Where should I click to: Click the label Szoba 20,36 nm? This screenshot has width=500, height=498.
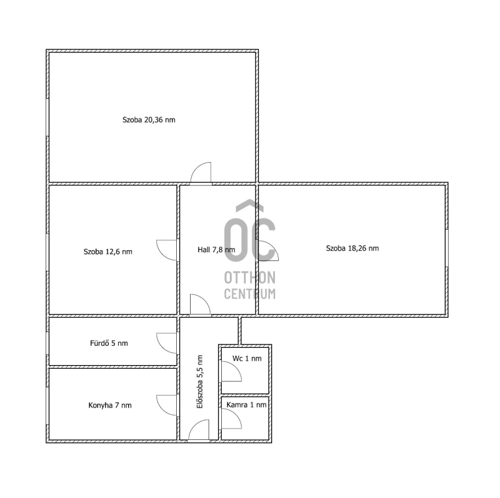click(149, 120)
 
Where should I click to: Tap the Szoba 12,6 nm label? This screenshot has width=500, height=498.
click(107, 251)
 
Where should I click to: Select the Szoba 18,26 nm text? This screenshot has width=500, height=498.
click(352, 248)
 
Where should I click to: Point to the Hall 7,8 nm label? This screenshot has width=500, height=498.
click(216, 250)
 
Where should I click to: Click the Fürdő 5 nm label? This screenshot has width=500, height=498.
click(109, 343)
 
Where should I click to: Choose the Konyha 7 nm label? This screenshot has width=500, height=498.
click(110, 406)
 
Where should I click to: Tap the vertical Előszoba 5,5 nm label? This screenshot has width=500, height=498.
click(200, 382)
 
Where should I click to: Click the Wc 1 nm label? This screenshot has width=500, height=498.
click(247, 359)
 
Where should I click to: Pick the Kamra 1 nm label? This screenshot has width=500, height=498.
click(246, 405)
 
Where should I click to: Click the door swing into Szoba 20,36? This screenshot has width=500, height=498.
click(201, 173)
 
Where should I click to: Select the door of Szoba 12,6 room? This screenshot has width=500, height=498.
click(166, 250)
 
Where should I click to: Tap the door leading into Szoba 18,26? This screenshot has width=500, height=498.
click(268, 251)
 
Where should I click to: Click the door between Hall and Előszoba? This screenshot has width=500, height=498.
click(200, 305)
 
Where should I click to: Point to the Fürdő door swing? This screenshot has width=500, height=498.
click(166, 343)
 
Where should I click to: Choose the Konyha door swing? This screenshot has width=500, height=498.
click(166, 406)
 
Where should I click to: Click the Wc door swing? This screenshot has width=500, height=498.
click(231, 371)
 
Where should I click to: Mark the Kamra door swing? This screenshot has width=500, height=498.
click(231, 418)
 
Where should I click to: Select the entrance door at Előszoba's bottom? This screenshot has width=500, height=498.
click(199, 431)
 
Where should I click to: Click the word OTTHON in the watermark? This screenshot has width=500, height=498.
click(250, 278)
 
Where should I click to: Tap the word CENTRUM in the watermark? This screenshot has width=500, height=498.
click(250, 293)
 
